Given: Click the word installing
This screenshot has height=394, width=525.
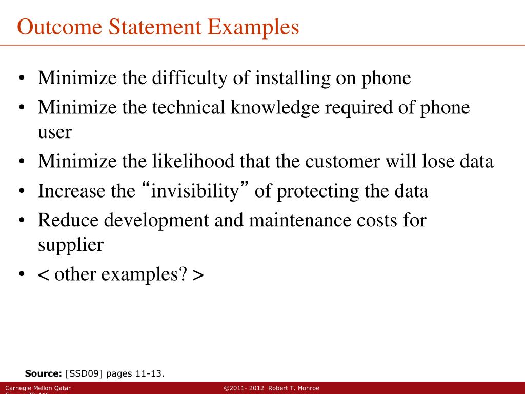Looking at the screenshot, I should tap(293, 78).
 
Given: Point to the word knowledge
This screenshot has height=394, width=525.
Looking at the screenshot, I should tap(273, 108).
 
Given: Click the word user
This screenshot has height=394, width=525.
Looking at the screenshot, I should tap(55, 132).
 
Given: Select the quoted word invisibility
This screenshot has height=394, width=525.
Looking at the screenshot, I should tap(195, 191).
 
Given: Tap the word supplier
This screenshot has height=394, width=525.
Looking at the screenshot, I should tap(71, 245).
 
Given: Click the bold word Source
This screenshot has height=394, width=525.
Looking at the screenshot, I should tap(44, 373).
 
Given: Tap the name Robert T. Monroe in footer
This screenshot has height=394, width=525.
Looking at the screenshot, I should tap(294, 388).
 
